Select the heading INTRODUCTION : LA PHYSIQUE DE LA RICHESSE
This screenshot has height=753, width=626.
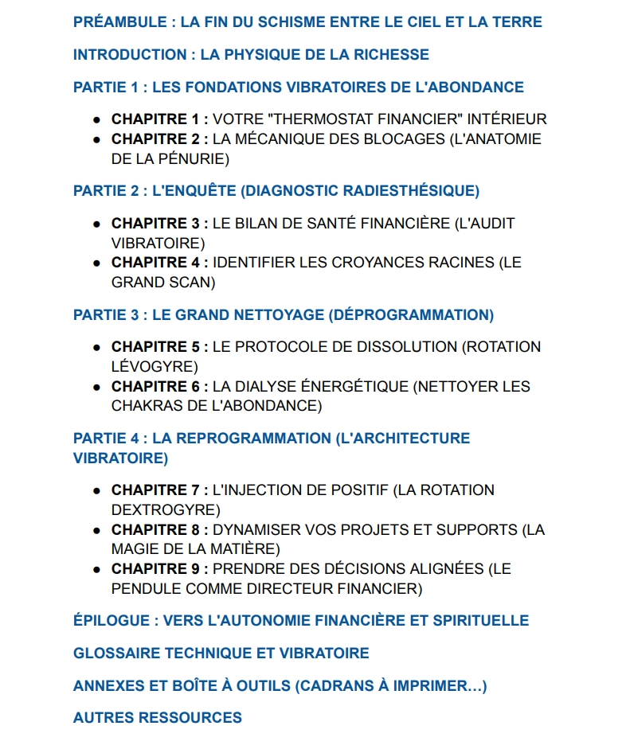point(251,55)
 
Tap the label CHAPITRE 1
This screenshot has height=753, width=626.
point(156,119)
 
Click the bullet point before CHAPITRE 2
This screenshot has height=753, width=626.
point(96,140)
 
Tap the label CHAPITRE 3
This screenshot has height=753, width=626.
point(156,224)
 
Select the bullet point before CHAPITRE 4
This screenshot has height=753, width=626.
point(96,263)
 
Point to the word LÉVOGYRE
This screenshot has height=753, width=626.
point(154,367)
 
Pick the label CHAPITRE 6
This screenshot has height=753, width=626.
point(156,387)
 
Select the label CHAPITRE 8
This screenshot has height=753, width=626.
point(156,530)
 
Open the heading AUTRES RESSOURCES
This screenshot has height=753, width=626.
point(158,718)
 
